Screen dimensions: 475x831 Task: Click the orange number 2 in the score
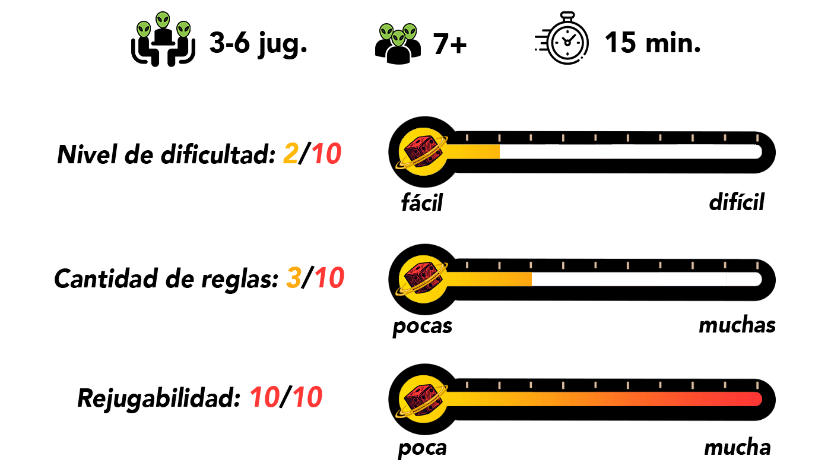pyautogui.click(x=291, y=154)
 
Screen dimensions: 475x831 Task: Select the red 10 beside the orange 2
pyautogui.click(x=326, y=154)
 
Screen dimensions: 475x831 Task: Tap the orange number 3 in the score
pyautogui.click(x=294, y=277)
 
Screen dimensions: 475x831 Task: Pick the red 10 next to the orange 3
pyautogui.click(x=329, y=277)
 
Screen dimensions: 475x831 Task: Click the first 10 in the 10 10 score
pyautogui.click(x=265, y=397)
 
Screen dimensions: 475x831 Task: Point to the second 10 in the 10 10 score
pyautogui.click(x=307, y=397)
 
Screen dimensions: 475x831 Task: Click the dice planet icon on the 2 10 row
pyautogui.click(x=423, y=151)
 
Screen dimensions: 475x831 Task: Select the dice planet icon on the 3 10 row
pyautogui.click(x=423, y=279)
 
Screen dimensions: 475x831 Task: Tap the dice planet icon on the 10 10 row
pyautogui.click(x=423, y=399)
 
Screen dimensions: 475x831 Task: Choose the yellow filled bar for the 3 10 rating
pyautogui.click(x=490, y=279)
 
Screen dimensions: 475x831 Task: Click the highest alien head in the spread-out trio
pyautogui.click(x=163, y=20)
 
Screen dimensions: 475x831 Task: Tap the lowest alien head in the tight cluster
pyautogui.click(x=398, y=39)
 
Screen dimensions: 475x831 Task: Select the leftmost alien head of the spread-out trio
pyautogui.click(x=144, y=29)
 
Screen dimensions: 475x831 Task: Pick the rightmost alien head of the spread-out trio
pyautogui.click(x=183, y=29)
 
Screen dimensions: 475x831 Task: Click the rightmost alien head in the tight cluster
pyautogui.click(x=410, y=31)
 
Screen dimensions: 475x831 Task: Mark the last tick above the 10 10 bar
pyautogui.click(x=757, y=385)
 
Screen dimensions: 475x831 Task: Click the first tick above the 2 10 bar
pyautogui.click(x=467, y=138)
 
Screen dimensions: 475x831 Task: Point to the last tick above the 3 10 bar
pyautogui.click(x=757, y=265)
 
